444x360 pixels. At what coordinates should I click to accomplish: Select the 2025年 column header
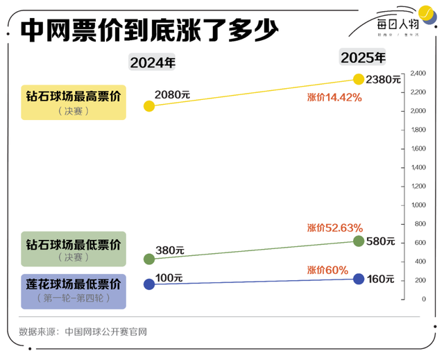coord(362,57)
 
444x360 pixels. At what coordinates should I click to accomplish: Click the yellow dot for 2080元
coord(149,106)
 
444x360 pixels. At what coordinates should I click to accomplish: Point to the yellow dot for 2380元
coord(359,79)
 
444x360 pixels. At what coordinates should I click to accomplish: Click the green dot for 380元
coord(149,259)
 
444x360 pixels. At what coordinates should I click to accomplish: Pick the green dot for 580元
coord(359,241)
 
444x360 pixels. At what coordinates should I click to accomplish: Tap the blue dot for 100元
coord(149,284)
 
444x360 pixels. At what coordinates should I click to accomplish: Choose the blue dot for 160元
coord(359,279)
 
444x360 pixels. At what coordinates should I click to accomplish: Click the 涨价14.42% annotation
coord(334,98)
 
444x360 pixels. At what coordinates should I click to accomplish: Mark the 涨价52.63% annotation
coord(334,228)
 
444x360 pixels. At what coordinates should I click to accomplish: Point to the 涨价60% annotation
coord(327,269)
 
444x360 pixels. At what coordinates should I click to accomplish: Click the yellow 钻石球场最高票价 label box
coord(74,102)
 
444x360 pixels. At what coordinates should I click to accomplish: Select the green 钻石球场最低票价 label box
coord(74,249)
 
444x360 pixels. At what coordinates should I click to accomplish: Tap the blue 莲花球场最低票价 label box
coord(74,290)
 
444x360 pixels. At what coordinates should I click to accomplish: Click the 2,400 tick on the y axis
coord(418,73)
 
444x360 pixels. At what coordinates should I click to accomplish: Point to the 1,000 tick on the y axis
coord(418,205)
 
